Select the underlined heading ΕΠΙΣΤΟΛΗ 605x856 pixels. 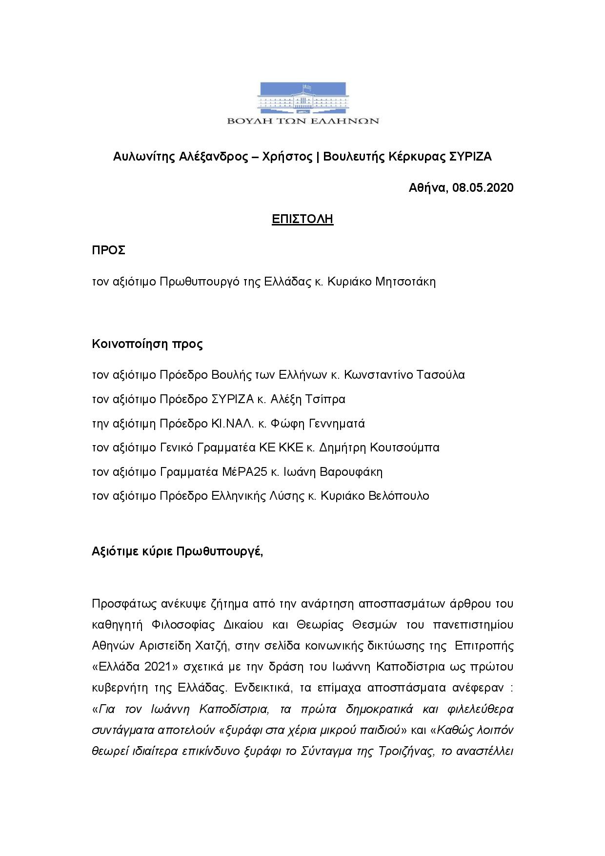[302, 219]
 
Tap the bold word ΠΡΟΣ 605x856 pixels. [109, 250]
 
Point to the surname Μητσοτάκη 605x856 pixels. [405, 282]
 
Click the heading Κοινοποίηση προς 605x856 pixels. [147, 344]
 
